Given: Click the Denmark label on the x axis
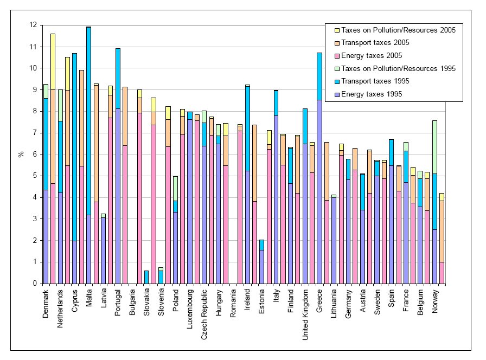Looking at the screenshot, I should click(x=47, y=304).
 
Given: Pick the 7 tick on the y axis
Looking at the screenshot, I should click(x=35, y=133).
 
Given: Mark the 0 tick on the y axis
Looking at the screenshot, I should click(x=35, y=284).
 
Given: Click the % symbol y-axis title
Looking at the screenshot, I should click(x=21, y=155).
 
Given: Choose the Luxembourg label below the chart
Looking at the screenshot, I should click(x=190, y=309).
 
